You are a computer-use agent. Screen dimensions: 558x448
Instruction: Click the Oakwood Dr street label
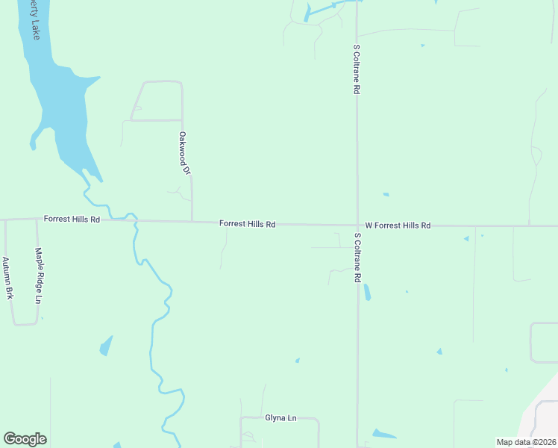184,153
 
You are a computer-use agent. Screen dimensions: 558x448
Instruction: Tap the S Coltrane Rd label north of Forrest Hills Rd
357,68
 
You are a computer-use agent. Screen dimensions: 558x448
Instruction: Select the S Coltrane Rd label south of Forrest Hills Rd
358,258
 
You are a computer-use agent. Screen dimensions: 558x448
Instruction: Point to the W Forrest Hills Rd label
398,225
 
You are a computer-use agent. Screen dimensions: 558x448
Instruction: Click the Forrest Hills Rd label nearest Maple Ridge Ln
72,220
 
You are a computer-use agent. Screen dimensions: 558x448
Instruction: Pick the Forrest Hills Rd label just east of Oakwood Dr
248,223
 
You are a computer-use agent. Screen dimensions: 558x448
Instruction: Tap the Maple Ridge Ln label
38,276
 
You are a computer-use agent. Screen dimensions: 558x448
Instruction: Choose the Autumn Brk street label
7,279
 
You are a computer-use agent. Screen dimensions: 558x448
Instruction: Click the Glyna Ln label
280,418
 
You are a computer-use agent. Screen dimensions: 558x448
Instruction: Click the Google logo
25,439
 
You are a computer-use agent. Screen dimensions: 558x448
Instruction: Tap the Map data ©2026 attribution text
526,442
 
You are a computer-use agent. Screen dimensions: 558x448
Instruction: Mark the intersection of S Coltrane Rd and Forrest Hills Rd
357,225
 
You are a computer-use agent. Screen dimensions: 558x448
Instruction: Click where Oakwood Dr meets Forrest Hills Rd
192,221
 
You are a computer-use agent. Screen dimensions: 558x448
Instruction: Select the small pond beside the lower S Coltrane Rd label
366,292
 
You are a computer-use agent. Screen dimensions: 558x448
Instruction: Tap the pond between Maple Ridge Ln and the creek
106,346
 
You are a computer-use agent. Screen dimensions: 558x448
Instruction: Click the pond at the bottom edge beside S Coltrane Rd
383,434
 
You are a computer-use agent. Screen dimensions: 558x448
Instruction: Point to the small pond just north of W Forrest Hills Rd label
386,195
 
